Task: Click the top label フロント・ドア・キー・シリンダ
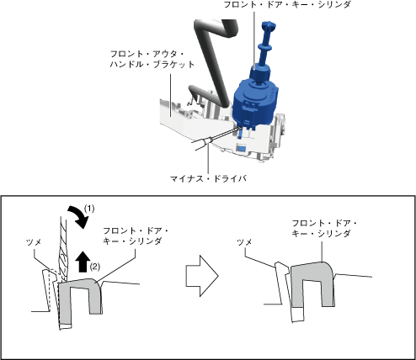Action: (x=287, y=4)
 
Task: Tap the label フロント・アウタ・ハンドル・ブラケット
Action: (x=152, y=59)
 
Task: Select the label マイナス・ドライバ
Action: (x=208, y=178)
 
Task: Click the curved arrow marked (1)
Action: (x=78, y=216)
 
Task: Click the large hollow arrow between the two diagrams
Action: (x=202, y=276)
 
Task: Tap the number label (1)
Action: (x=89, y=209)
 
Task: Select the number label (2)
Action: (x=95, y=267)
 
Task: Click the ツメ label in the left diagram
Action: (x=34, y=242)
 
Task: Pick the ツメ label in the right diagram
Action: (x=245, y=242)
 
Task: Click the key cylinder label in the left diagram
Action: (x=136, y=236)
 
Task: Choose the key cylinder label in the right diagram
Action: (x=324, y=229)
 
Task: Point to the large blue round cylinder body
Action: (x=254, y=100)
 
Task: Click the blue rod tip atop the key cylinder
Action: (x=269, y=26)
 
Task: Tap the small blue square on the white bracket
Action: (x=242, y=147)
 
